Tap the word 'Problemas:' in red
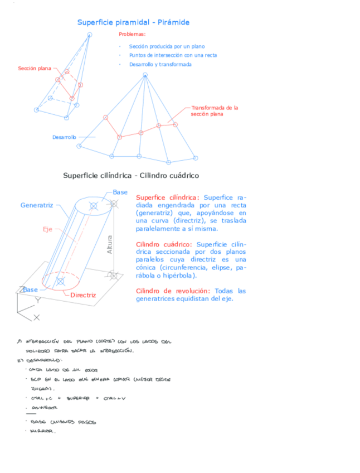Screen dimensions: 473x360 pyautogui.click(x=132, y=35)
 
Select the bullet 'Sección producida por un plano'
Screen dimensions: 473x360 pyautogui.click(x=167, y=47)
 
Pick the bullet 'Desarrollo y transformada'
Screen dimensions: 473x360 pyautogui.click(x=160, y=64)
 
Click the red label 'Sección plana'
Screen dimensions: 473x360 pyautogui.click(x=34, y=69)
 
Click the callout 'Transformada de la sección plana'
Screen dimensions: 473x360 pyautogui.click(x=215, y=110)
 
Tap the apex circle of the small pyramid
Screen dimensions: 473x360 pyautogui.click(x=89, y=35)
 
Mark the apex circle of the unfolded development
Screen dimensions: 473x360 pyautogui.click(x=145, y=75)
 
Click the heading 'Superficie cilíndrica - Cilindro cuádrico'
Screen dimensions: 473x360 pyautogui.click(x=131, y=175)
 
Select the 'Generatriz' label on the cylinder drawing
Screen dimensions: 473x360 pyautogui.click(x=37, y=205)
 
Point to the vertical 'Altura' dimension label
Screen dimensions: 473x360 pyautogui.click(x=109, y=245)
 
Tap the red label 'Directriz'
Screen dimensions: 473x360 pyautogui.click(x=83, y=295)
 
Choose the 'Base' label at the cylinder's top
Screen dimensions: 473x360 pyautogui.click(x=120, y=192)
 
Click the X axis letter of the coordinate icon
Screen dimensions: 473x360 pyautogui.click(x=36, y=317)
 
